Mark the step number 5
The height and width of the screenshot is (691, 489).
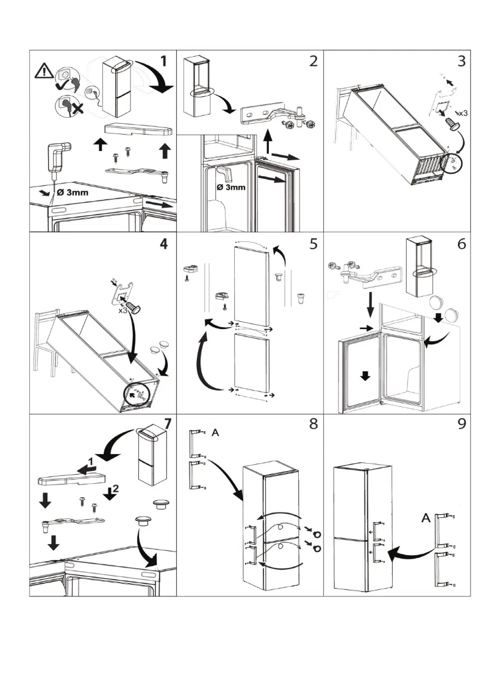(x=313, y=244)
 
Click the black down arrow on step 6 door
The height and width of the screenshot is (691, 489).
(x=365, y=375)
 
